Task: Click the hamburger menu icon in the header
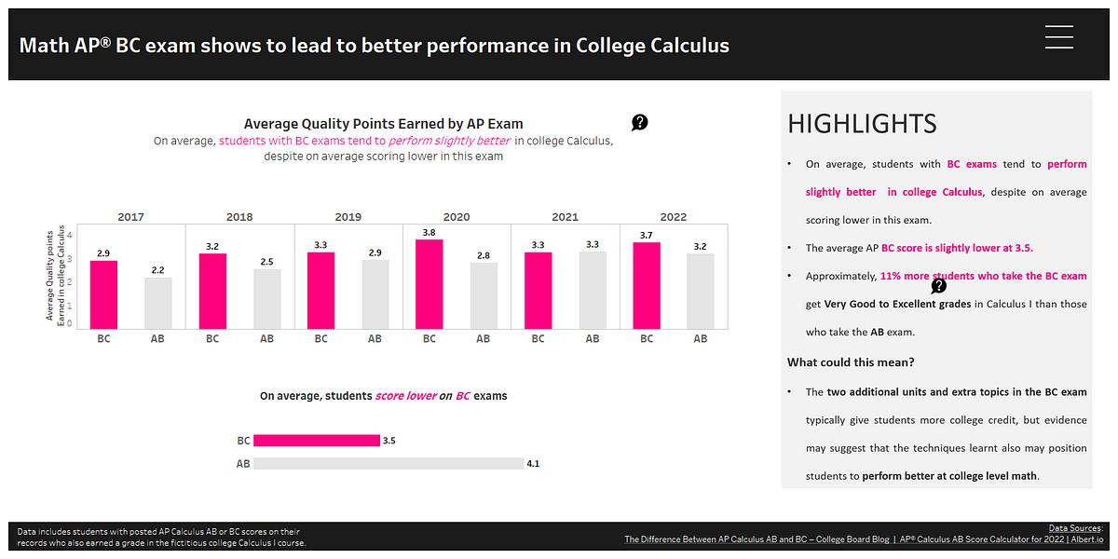(x=1059, y=36)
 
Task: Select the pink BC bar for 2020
(x=429, y=284)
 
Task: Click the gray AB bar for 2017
(x=157, y=303)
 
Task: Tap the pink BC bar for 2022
(x=647, y=285)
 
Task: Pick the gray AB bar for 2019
(x=375, y=293)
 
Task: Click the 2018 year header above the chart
(x=239, y=216)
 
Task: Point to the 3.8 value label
(x=429, y=232)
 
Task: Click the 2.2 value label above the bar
(x=157, y=270)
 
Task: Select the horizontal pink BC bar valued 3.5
(x=316, y=441)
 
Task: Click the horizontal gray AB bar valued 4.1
(x=388, y=463)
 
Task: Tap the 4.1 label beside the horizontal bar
(x=534, y=463)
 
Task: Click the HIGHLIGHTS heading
(x=862, y=124)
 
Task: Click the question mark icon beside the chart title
(x=640, y=122)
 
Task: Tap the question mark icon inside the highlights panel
(x=939, y=286)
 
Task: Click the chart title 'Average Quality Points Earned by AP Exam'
(x=383, y=123)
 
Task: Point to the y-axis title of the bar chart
(x=57, y=275)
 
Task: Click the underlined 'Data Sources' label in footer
(x=1074, y=528)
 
